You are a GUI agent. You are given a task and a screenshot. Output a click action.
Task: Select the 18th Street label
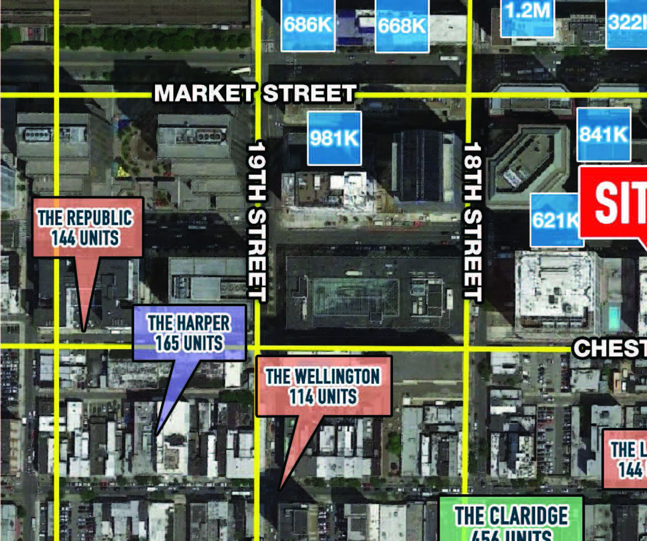tap(473, 222)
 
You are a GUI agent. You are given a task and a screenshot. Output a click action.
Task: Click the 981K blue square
tap(334, 138)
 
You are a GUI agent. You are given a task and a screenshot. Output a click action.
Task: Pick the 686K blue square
tap(308, 25)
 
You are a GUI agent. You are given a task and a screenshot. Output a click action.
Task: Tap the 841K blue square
tap(604, 134)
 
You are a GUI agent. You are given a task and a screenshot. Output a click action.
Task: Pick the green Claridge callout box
tap(511, 520)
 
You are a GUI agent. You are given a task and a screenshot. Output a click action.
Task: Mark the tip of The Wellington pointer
tap(280, 489)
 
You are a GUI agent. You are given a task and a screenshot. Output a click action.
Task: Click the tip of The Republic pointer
tap(84, 331)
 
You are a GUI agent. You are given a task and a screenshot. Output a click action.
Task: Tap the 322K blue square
tap(627, 23)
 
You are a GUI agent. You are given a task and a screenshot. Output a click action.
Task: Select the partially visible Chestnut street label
tap(610, 348)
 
